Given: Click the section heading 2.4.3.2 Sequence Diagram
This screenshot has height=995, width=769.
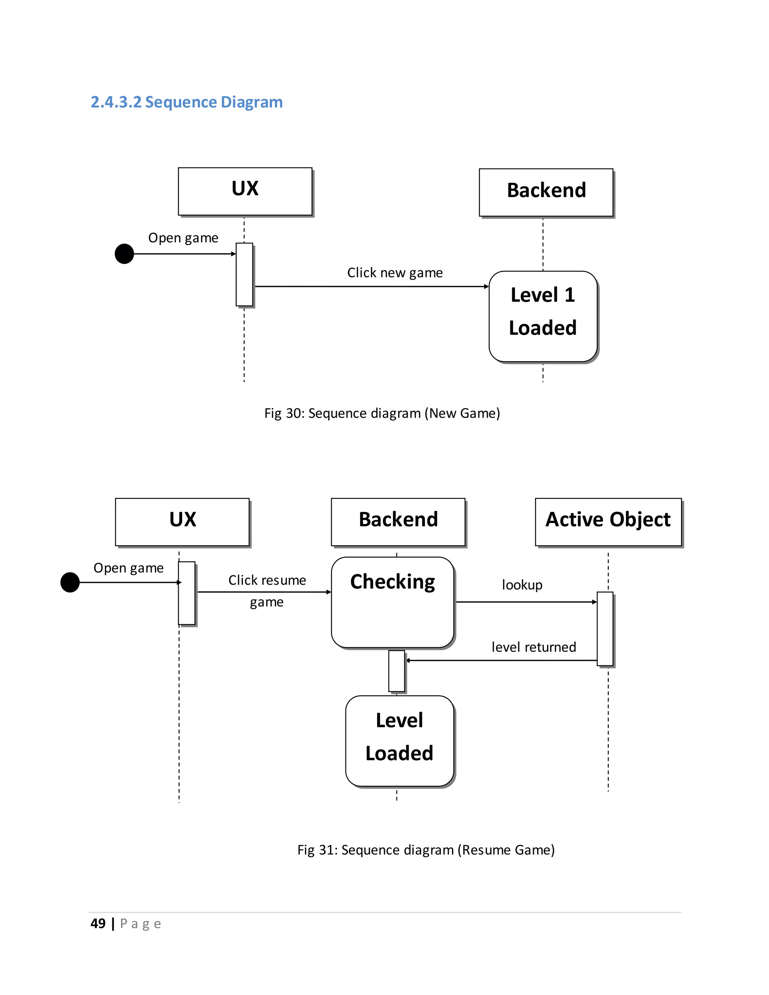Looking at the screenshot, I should (x=186, y=102).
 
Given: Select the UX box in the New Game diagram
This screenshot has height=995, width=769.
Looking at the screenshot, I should (x=245, y=191).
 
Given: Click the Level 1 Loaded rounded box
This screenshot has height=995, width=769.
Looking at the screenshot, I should (x=543, y=316).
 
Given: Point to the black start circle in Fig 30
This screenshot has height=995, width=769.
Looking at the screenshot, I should (x=124, y=254).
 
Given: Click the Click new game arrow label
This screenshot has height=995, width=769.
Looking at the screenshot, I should (x=395, y=273).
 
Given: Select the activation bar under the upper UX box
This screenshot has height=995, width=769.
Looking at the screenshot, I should (x=244, y=274).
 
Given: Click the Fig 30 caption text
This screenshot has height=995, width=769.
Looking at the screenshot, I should (x=382, y=413).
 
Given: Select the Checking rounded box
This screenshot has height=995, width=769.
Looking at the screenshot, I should (x=393, y=602).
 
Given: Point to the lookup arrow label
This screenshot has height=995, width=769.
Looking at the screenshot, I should (x=522, y=585).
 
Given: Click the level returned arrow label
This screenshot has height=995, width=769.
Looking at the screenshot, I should (x=534, y=647).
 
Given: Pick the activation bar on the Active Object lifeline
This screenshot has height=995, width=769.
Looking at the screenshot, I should (x=605, y=629).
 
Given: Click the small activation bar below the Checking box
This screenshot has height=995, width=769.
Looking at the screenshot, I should (x=397, y=671).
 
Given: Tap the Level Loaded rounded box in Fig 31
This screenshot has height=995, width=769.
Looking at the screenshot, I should (x=400, y=741).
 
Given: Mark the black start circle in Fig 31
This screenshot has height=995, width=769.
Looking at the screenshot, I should (x=70, y=582).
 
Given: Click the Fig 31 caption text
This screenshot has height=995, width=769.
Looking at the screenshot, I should (x=425, y=850).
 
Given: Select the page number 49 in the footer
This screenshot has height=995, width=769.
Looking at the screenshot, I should (x=98, y=924).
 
